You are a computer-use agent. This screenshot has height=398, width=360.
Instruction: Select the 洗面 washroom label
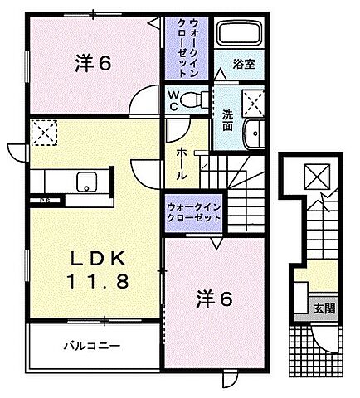pyautogui.click(x=227, y=120)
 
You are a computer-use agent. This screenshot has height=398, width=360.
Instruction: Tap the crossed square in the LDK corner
pyautogui.click(x=41, y=130)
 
